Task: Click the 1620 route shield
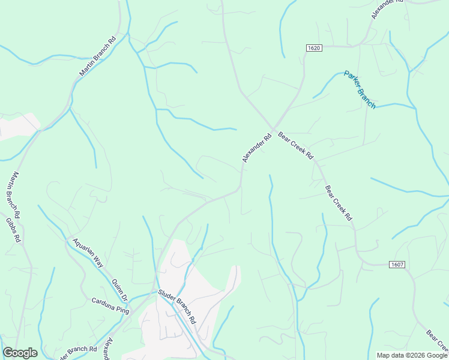[314, 47]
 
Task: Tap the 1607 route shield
[396, 264]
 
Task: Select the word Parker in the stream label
[351, 80]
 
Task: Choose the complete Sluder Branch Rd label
[177, 307]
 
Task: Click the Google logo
[20, 353]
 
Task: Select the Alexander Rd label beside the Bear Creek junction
[257, 148]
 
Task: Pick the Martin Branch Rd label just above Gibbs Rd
[14, 195]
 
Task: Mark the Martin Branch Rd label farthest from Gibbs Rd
[97, 58]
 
